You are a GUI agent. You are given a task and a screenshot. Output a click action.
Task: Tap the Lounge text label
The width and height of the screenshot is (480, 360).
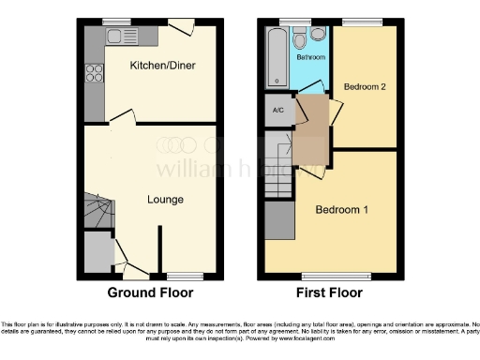click(165, 200)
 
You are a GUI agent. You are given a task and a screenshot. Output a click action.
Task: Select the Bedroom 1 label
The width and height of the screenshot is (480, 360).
click(340, 209)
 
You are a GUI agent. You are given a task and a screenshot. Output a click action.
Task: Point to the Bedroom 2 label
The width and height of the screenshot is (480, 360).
click(365, 86)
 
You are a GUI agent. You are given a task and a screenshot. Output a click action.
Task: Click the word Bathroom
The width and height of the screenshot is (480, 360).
click(312, 57)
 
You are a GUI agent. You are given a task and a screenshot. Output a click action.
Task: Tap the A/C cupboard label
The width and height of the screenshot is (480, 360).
click(277, 111)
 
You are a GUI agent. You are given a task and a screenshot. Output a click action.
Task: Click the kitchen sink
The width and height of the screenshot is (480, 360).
click(120, 37)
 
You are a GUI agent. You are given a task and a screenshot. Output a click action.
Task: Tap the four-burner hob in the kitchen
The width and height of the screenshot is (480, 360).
click(95, 72)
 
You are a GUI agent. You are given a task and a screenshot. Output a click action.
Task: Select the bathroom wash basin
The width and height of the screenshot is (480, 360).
click(320, 36)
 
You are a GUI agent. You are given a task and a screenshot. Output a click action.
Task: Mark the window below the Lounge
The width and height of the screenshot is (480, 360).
click(179, 275)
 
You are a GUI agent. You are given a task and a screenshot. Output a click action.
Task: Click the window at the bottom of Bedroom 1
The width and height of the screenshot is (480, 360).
click(319, 275)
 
